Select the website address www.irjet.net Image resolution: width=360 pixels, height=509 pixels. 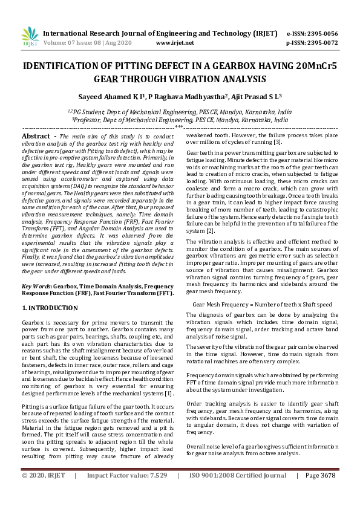pos(175,43)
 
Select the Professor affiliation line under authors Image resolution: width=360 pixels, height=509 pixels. pos(180,120)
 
